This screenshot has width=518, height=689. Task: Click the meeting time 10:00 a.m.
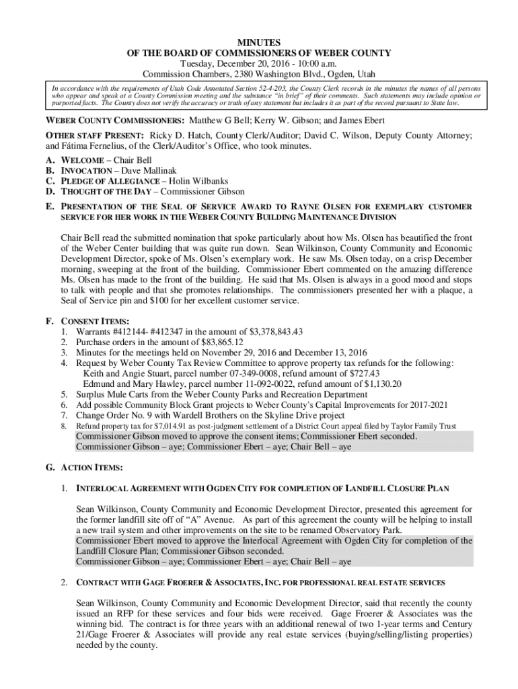pyautogui.click(x=309, y=63)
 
